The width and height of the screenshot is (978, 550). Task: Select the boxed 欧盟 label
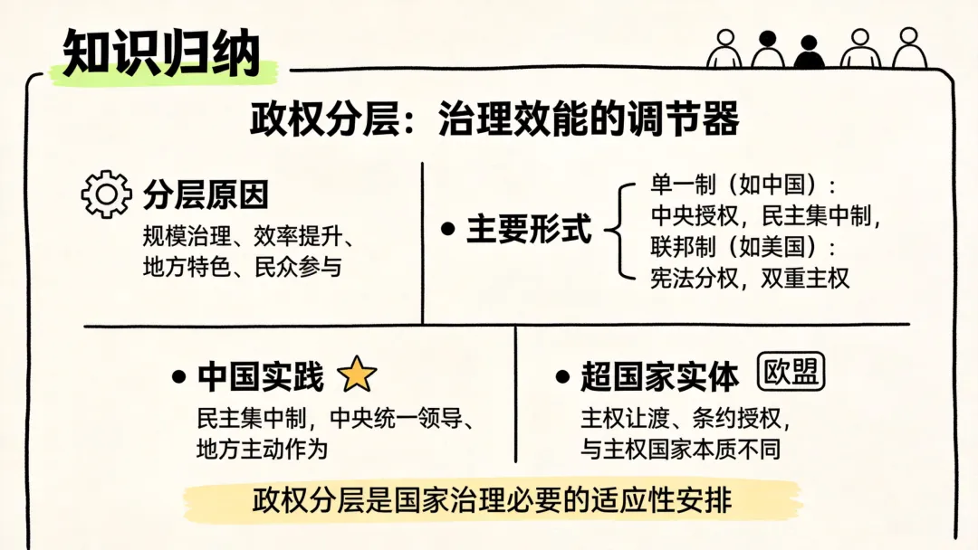(x=791, y=373)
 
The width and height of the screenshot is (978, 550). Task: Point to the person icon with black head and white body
(x=767, y=50)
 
